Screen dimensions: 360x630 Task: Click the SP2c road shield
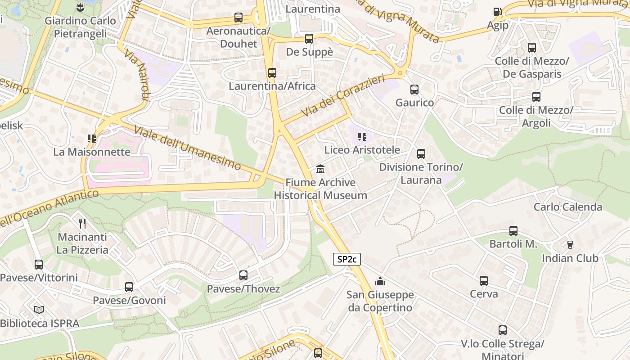pyautogui.click(x=346, y=260)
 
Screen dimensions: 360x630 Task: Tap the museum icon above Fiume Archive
pyautogui.click(x=320, y=169)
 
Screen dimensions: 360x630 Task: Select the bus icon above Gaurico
pyautogui.click(x=414, y=90)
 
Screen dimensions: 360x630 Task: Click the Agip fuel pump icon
pyautogui.click(x=497, y=12)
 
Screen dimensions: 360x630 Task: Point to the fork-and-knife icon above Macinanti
pyautogui.click(x=82, y=223)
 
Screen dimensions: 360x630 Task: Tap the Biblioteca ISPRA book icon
pyautogui.click(x=39, y=310)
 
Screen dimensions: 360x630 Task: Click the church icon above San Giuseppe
pyautogui.click(x=380, y=282)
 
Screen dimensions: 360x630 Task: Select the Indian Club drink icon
pyautogui.click(x=570, y=244)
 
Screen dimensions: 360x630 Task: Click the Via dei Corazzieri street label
pyautogui.click(x=344, y=95)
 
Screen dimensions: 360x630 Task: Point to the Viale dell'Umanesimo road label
pyautogui.click(x=188, y=148)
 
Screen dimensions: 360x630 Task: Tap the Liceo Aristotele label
pyautogui.click(x=362, y=150)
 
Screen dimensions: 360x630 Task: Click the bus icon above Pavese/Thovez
pyautogui.click(x=243, y=275)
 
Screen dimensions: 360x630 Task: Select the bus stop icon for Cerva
pyautogui.click(x=484, y=281)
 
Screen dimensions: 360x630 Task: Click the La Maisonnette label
pyautogui.click(x=92, y=152)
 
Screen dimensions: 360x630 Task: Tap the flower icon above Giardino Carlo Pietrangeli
pyautogui.click(x=80, y=7)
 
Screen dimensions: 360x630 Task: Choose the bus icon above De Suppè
pyautogui.click(x=309, y=39)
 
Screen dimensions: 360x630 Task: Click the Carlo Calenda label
pyautogui.click(x=568, y=207)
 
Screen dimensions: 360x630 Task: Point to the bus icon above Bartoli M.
pyautogui.click(x=513, y=231)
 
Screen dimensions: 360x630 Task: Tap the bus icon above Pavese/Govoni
pyautogui.click(x=129, y=287)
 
